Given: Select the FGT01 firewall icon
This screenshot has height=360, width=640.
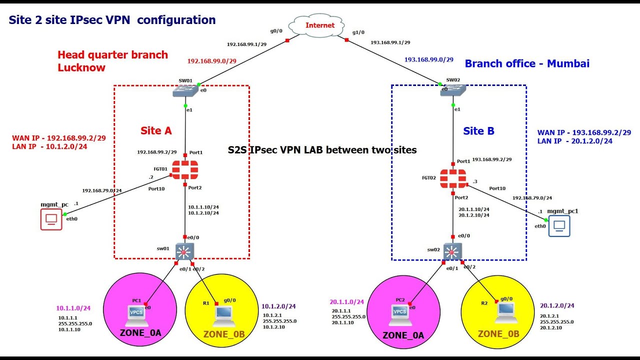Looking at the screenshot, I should click(184, 170).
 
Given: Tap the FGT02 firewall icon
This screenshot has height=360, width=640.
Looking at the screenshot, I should click(453, 178).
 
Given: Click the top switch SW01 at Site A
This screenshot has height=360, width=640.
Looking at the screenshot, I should click(186, 91).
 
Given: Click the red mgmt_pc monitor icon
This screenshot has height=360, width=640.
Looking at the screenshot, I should click(51, 219).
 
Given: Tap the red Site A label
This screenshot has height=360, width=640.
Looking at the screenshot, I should click(155, 131).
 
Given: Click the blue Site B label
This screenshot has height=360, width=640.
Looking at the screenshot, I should click(478, 131).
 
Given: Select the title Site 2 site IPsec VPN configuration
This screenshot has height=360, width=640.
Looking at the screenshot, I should click(112, 20).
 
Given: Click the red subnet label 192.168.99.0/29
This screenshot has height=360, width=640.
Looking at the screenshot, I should click(211, 61).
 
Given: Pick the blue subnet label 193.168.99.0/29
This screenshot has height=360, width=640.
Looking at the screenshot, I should click(428, 59).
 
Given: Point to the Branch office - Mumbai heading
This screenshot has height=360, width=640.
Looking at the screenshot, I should click(527, 63).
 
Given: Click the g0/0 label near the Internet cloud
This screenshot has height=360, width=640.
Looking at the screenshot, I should click(276, 31).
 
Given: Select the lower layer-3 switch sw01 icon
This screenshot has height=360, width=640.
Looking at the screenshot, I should click(184, 251).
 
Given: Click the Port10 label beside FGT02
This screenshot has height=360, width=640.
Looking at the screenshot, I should click(497, 188).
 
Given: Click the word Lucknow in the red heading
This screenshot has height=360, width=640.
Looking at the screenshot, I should click(81, 67).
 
